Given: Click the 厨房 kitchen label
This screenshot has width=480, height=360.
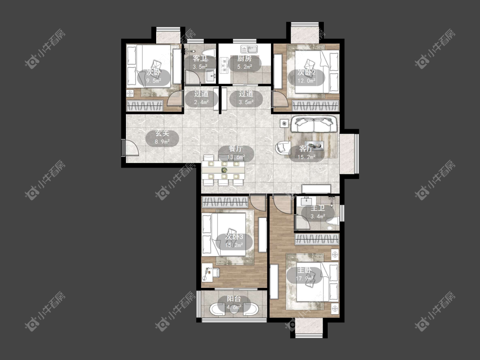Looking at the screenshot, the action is pyautogui.click(x=244, y=58).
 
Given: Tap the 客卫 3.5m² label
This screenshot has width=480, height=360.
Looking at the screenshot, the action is pyautogui.click(x=200, y=62).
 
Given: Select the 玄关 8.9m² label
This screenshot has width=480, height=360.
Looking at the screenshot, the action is pyautogui.click(x=162, y=137).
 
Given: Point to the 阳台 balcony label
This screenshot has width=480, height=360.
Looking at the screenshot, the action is pyautogui.click(x=234, y=299).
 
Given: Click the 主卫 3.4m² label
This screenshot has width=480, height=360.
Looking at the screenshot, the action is pyautogui.click(x=318, y=212).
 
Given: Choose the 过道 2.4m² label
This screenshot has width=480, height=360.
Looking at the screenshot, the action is pyautogui.click(x=201, y=98).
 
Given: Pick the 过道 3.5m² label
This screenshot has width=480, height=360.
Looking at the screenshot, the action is pyautogui.click(x=246, y=98).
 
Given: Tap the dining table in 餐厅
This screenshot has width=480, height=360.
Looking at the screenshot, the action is pyautogui.click(x=224, y=170).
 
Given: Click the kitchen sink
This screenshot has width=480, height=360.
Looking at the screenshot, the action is pyautogui.click(x=250, y=49).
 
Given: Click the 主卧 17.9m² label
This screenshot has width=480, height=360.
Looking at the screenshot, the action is pyautogui.click(x=305, y=274).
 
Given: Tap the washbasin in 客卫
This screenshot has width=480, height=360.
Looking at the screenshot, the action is pyautogui.click(x=212, y=75).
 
